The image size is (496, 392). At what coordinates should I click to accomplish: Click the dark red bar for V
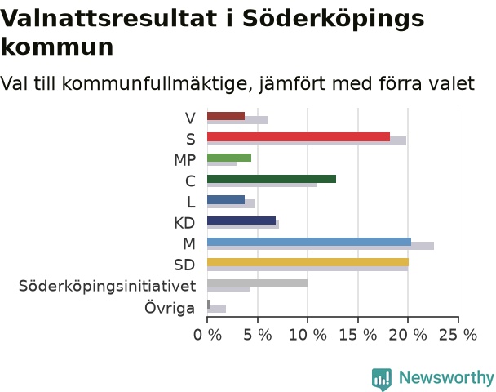[226, 116]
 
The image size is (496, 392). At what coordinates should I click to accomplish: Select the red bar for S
[299, 136]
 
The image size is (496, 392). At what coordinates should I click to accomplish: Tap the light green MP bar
[229, 158]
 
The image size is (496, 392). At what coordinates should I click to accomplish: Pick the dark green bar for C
[272, 179]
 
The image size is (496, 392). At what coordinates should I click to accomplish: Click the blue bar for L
[226, 199]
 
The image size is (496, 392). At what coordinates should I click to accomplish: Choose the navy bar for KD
[241, 220]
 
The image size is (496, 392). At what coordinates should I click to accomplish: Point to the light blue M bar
[309, 241]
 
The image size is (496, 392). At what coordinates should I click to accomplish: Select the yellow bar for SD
[308, 262]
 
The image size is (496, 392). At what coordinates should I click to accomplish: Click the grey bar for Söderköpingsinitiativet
[257, 283]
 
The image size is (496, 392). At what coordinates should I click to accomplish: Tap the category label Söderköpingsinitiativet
[107, 286]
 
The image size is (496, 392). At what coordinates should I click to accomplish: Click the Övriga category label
[170, 307]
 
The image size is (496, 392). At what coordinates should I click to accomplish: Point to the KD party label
[184, 223]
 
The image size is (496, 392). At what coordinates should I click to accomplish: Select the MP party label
[184, 160]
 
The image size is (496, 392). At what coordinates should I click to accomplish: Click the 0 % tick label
[207, 335]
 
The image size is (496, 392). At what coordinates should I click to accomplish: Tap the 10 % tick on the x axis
[308, 335]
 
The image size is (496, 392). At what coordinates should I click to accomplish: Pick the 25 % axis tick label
[458, 335]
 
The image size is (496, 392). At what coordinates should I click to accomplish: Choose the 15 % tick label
[358, 335]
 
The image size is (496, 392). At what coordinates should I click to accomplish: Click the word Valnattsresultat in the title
[109, 18]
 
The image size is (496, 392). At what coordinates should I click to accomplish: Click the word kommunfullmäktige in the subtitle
[157, 83]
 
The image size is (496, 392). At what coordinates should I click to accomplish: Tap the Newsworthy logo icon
[382, 379]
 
